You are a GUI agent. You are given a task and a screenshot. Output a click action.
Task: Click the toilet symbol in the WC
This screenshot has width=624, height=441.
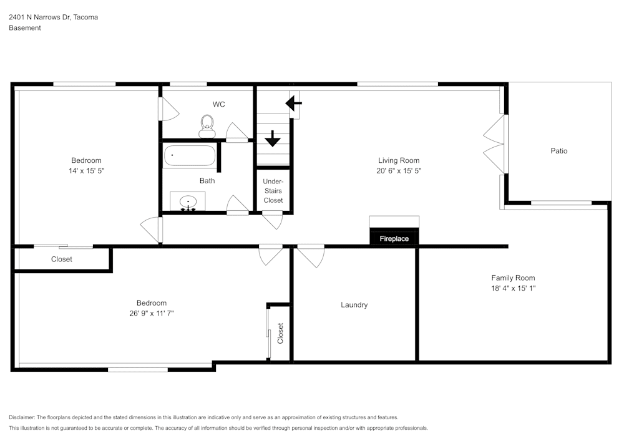click(x=207, y=127)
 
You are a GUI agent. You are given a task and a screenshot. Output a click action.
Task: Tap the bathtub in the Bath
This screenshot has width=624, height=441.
click(x=190, y=155)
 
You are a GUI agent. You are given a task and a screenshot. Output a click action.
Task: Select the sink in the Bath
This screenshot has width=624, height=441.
click(x=188, y=202)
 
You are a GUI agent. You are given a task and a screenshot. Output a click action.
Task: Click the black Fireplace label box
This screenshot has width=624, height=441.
click(x=394, y=238)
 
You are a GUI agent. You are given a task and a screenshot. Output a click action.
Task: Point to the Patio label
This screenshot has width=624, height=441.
click(x=558, y=151)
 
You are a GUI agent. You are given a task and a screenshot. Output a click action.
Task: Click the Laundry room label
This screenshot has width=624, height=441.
click(x=354, y=305)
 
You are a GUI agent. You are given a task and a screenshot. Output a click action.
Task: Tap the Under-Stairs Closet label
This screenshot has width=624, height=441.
click(x=273, y=190)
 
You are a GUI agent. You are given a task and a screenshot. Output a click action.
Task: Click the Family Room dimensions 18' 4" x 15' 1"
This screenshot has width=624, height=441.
click(x=513, y=288)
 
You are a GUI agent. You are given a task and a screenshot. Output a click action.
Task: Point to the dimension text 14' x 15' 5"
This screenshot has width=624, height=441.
click(x=86, y=170)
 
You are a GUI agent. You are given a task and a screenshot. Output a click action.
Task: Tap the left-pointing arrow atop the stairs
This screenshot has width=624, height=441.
click(x=293, y=102)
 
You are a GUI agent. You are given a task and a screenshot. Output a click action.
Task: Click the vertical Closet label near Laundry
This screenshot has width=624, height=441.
click(x=280, y=333)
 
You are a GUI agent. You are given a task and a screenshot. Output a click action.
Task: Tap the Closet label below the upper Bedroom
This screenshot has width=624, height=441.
click(x=61, y=259)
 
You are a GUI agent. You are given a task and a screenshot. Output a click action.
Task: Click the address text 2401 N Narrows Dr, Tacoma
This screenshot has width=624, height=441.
click(x=53, y=17)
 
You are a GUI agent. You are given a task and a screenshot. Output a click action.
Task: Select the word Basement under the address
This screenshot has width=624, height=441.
click(x=25, y=28)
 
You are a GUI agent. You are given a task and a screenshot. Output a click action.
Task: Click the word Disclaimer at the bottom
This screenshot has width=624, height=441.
click(x=22, y=417)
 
